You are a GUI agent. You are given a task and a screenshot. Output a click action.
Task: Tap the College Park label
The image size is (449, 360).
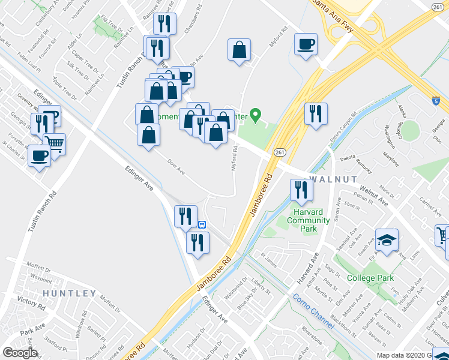(x=370, y=278)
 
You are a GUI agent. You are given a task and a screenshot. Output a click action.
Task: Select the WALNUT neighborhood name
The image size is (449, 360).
(x=333, y=179)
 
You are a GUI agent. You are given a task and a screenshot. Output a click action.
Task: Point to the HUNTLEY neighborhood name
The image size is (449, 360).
(x=69, y=293)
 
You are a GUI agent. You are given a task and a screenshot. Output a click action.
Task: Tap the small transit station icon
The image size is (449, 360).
(x=202, y=224)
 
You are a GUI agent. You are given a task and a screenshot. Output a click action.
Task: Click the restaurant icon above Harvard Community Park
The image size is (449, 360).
(x=301, y=189)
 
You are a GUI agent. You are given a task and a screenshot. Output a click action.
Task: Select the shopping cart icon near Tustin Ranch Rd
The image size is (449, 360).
(x=54, y=143)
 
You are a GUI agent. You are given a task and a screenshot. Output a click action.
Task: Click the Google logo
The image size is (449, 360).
(x=19, y=352)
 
